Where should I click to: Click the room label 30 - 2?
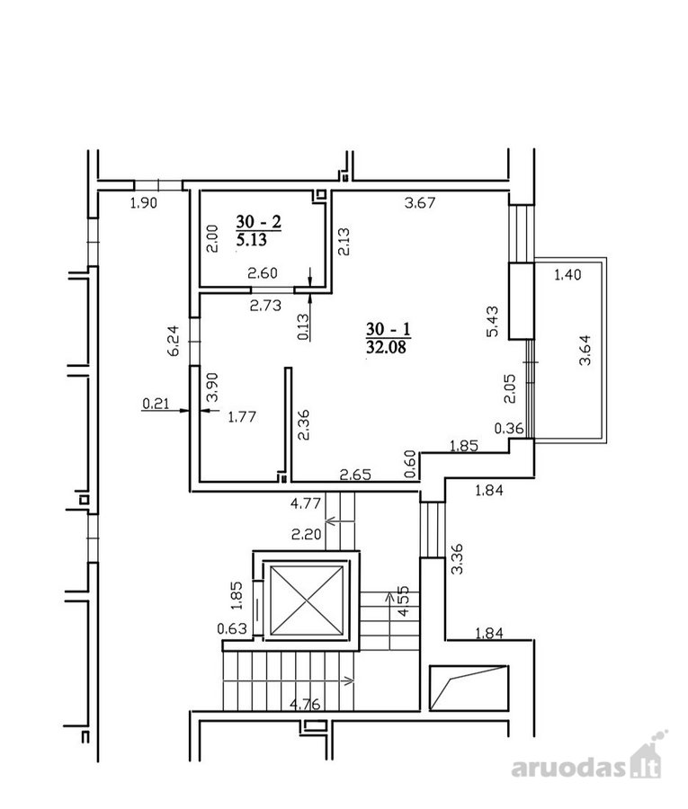pos(259,222)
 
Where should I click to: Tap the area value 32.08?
pos(386,347)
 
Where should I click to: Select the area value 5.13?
pos(251,240)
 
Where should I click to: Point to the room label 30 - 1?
pos(389,329)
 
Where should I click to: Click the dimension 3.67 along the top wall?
pos(420,202)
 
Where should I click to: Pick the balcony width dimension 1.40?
pos(567,274)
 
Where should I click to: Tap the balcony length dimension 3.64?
pos(585,351)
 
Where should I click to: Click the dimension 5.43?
pos(494,322)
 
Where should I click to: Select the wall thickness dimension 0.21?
pos(156,403)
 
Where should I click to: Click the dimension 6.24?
pos(174,341)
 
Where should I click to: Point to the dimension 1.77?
pos(242,416)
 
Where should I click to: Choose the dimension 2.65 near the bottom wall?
pos(355,474)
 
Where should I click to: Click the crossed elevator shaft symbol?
pos(307,601)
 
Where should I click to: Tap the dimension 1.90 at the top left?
pos(144,203)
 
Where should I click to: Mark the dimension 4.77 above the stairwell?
pos(306,502)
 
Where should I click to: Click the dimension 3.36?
pos(457,559)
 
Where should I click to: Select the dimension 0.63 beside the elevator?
pos(232,628)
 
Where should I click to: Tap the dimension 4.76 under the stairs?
pos(305,704)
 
